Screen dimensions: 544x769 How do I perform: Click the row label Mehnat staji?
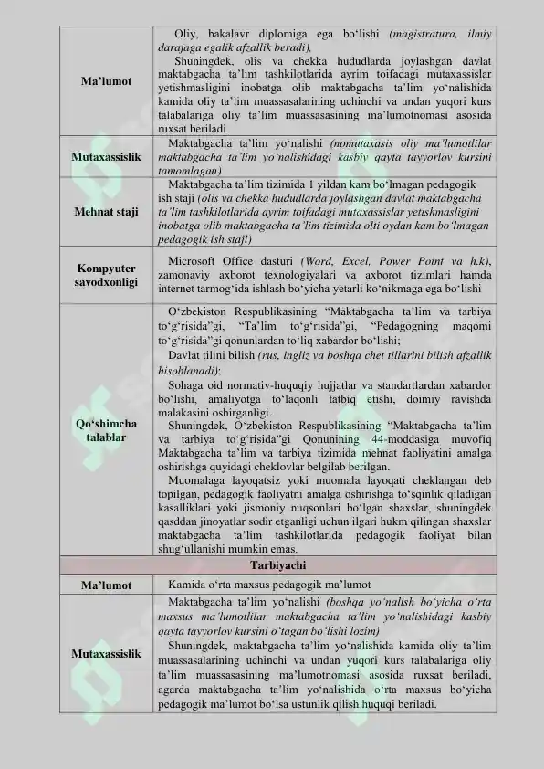click(105, 212)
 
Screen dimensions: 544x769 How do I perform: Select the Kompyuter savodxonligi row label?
click(105, 277)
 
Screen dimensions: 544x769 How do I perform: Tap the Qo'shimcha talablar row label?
click(105, 431)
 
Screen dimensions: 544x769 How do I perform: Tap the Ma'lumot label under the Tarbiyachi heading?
click(105, 585)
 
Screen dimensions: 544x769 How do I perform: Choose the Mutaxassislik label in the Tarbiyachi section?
click(105, 654)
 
